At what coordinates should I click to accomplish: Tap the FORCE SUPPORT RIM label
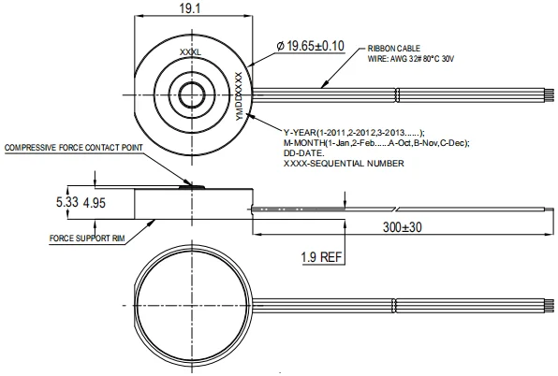[x=87, y=239]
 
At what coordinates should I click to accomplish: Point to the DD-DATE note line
[x=304, y=153]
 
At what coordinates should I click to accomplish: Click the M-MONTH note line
[x=375, y=142]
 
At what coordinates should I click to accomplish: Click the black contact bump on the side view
[x=193, y=186]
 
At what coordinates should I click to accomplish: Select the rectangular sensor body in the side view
[x=192, y=203]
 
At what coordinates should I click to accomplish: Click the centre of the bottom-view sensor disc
[x=195, y=305]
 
